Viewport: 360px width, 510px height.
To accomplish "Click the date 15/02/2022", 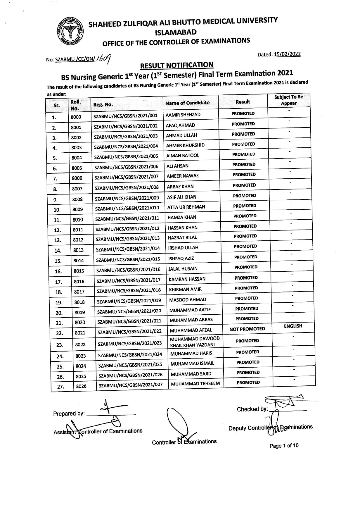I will click(x=288, y=54).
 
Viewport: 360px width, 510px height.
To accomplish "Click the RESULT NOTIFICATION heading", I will click(x=176, y=65).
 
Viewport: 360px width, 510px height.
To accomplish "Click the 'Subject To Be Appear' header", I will click(x=288, y=100).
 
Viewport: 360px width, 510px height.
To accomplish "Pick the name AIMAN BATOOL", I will click(x=183, y=156).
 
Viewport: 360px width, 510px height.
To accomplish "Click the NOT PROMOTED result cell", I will click(x=247, y=329).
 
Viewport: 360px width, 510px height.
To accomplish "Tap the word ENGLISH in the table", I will click(x=293, y=326).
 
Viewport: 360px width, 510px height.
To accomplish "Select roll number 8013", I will click(x=78, y=250).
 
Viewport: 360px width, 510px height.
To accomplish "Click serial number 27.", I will click(x=60, y=387).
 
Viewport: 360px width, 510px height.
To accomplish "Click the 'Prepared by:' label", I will click(x=69, y=413).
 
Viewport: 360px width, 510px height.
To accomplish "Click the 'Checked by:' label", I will click(x=252, y=409).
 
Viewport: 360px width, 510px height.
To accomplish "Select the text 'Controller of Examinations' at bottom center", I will click(x=184, y=442).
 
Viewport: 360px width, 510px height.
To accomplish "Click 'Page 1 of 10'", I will click(x=284, y=446).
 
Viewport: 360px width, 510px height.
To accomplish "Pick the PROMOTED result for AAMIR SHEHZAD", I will click(x=243, y=113).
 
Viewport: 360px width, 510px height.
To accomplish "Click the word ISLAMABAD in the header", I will click(x=176, y=32).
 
